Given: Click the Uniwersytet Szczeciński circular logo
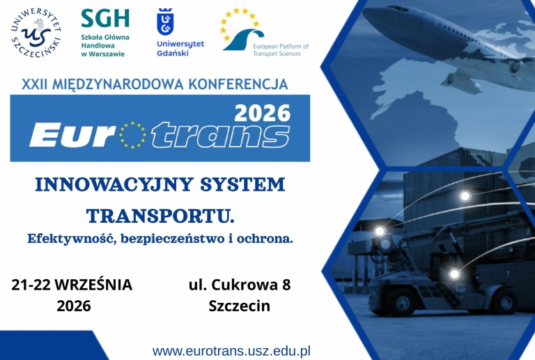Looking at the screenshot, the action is tap(36, 33).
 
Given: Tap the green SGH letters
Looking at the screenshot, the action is tap(105, 18).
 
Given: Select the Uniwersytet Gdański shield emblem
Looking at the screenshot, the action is tap(165, 22).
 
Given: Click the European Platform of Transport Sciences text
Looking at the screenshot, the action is tap(281, 49).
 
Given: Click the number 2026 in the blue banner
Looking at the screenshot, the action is tap(263, 114).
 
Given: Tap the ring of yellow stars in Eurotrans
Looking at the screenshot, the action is tap(132, 135).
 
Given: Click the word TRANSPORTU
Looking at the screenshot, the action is tap(160, 216).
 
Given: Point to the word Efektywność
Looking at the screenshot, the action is tap(72, 238).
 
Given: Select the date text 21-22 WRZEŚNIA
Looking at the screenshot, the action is tap(72, 285).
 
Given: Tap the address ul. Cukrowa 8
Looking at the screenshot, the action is tap(240, 285).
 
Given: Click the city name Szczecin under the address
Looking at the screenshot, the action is tap(240, 306).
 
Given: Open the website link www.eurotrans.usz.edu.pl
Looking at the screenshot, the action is tap(231, 351).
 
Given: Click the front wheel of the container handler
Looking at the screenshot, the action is tap(403, 302).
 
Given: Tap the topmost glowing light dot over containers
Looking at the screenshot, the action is tap(465, 196).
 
